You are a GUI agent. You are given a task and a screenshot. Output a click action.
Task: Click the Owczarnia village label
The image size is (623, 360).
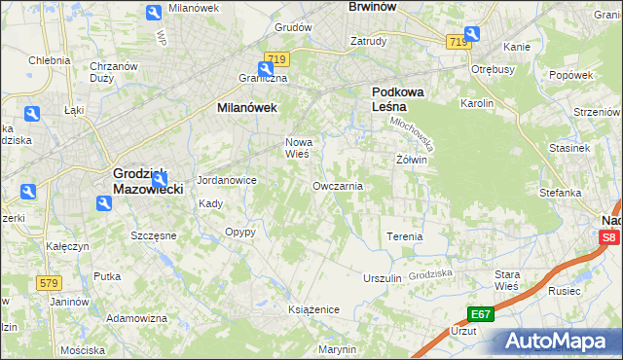(x=338, y=185)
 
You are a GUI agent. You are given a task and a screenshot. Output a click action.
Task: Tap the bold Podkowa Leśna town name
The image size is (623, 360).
(x=396, y=100)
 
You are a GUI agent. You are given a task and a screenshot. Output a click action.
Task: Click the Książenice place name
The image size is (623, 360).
(x=313, y=308)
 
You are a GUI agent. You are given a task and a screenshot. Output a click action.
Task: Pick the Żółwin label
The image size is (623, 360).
(x=412, y=159)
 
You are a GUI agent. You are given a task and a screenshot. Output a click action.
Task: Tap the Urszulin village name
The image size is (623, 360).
(x=382, y=278)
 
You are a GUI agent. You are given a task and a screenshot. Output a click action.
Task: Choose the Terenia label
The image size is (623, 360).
(x=405, y=236)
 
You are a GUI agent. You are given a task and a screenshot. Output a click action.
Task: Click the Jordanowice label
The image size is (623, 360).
(x=226, y=180)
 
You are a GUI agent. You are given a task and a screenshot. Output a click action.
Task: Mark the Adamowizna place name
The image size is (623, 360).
(x=136, y=318)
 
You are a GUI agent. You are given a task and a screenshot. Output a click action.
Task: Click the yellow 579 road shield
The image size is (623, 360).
(x=50, y=282)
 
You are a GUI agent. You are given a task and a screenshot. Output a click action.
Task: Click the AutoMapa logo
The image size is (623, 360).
(x=559, y=342)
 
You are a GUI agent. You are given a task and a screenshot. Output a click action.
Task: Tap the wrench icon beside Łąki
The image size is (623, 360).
(x=31, y=115)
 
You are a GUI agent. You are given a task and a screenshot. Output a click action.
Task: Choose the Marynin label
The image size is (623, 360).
(x=337, y=348)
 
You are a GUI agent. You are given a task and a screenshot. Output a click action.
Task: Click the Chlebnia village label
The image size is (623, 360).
(x=49, y=59)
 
